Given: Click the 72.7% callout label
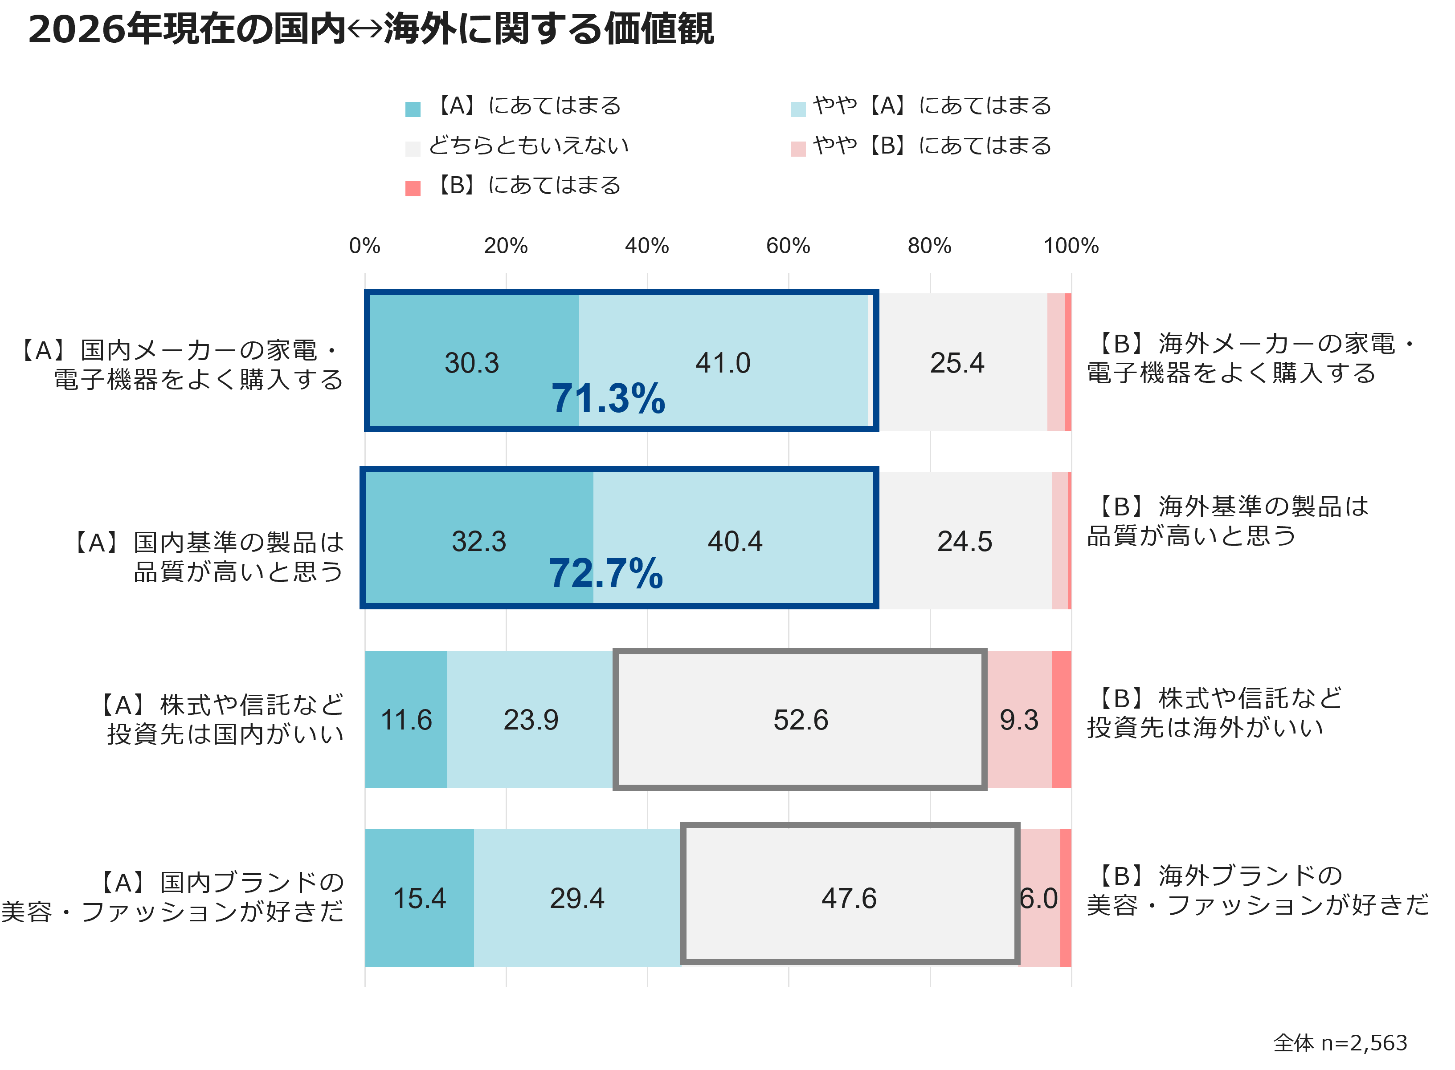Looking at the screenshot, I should pyautogui.click(x=606, y=573).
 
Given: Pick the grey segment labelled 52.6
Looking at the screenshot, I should pyautogui.click(x=801, y=720).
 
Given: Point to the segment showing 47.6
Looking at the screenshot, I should pyautogui.click(x=849, y=898).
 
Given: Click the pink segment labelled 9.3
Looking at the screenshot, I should pyautogui.click(x=1019, y=720).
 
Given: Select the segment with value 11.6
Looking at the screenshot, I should pyautogui.click(x=406, y=720).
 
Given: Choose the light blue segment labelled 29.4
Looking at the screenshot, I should pyautogui.click(x=577, y=898).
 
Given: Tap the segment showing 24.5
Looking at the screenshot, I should pyautogui.click(x=965, y=541).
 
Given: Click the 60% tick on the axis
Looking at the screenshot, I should pyautogui.click(x=788, y=246).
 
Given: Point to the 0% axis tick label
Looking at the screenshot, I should pyautogui.click(x=365, y=246).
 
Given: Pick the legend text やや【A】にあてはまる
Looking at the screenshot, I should pyautogui.click(x=932, y=105).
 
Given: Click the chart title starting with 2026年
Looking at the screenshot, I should pyautogui.click(x=371, y=29).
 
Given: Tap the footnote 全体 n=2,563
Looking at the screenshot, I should pyautogui.click(x=1340, y=1043).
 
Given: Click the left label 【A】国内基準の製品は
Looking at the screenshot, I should pyautogui.click(x=208, y=542).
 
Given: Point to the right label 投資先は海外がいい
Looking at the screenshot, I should pyautogui.click(x=1206, y=727).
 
